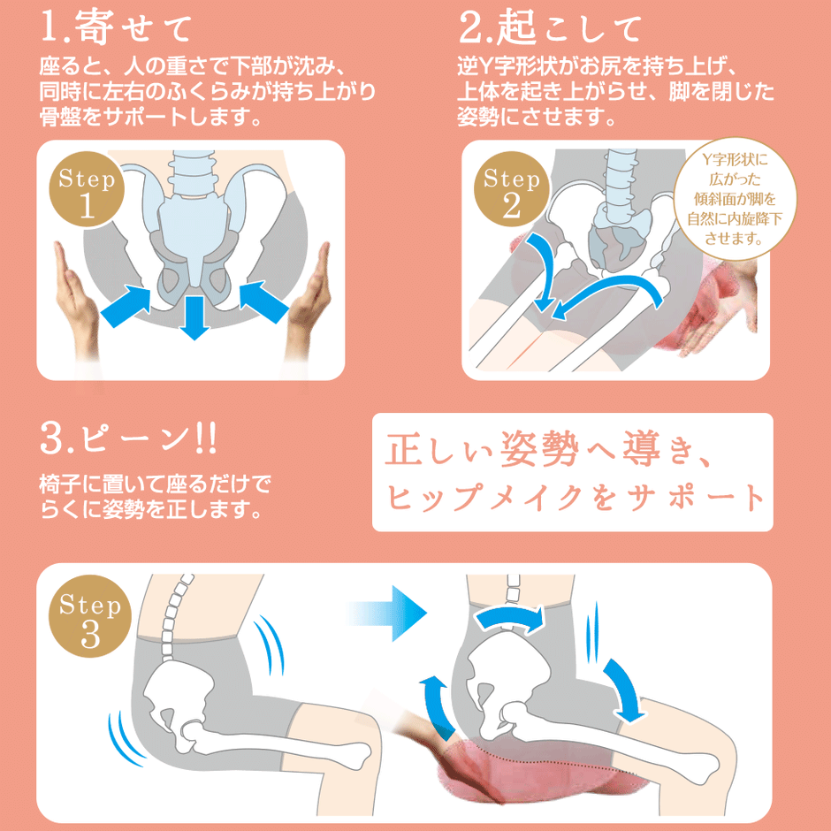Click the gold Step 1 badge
(x=87, y=190)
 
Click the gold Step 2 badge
(x=511, y=190)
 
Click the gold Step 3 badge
(x=90, y=616)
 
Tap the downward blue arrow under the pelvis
(x=194, y=316)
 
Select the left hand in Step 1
(x=78, y=302)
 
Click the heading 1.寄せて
(x=116, y=27)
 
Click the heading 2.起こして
(x=550, y=27)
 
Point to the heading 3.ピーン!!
(x=128, y=439)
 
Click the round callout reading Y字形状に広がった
(x=735, y=199)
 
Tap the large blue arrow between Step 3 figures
(x=387, y=614)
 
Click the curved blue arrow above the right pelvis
(x=510, y=618)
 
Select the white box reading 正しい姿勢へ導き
(x=572, y=472)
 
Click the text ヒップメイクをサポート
(x=576, y=499)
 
